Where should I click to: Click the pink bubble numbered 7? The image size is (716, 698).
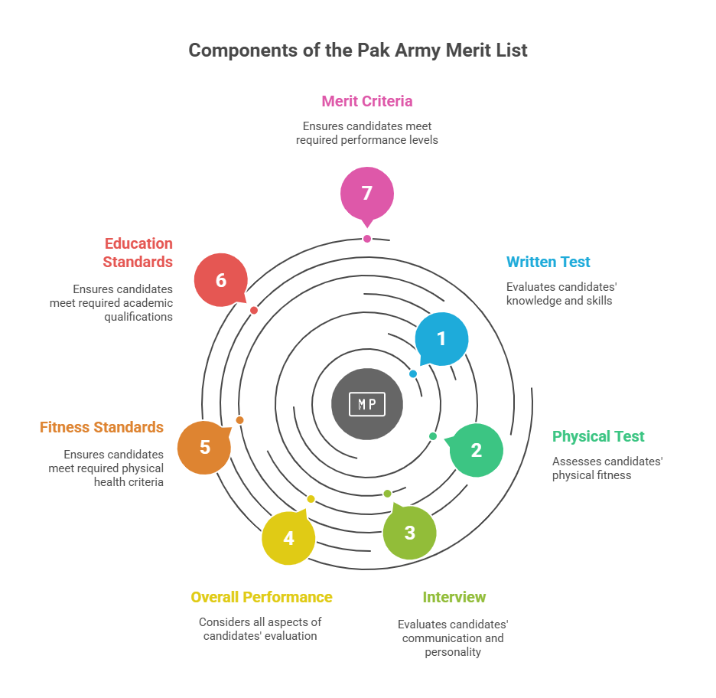[x=367, y=194]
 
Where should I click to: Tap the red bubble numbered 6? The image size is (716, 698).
[x=221, y=280]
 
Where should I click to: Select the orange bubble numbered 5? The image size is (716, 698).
[x=204, y=447]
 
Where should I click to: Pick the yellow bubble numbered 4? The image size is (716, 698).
[x=288, y=538]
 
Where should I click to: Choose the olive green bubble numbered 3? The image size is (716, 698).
[x=409, y=532]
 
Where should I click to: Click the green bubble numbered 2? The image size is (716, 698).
[x=477, y=451]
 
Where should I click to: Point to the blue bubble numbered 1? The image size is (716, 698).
[x=441, y=339]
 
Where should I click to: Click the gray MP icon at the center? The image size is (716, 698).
[x=367, y=404]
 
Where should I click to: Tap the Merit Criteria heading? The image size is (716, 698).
[x=367, y=101]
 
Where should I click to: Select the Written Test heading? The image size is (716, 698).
[x=548, y=262]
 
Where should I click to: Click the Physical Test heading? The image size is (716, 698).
[x=598, y=436]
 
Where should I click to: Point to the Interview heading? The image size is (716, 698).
[x=454, y=597]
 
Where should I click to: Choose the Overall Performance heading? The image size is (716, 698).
[x=262, y=597]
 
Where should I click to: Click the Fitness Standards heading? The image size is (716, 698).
[x=102, y=427]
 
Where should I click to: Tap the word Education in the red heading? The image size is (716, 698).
[x=138, y=243]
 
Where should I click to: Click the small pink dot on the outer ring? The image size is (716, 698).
[x=367, y=239]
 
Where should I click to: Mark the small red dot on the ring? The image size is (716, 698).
[x=254, y=310]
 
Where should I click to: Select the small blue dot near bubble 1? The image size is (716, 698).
[x=413, y=373]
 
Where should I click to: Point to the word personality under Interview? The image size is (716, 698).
[x=453, y=652]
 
